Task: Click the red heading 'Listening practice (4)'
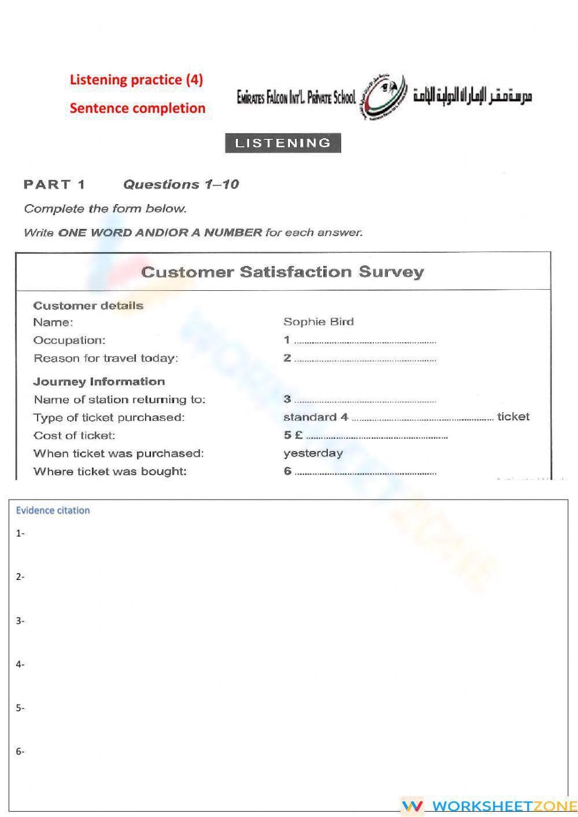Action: [x=136, y=80]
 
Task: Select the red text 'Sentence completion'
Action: [x=138, y=108]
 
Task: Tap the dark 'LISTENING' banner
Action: [x=283, y=143]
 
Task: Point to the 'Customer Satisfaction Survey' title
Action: [x=283, y=272]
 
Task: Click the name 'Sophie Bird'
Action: [x=318, y=322]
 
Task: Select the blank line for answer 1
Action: [x=365, y=341]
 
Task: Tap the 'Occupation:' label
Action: [x=69, y=341]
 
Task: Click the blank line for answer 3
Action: [x=365, y=400]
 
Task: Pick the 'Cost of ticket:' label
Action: [x=74, y=435]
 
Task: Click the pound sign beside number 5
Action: [x=299, y=435]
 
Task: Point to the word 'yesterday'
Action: [x=313, y=453]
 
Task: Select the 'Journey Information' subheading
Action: [x=99, y=382]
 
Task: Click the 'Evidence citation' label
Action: [x=53, y=511]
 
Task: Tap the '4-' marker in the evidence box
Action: [x=20, y=664]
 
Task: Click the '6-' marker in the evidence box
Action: [x=20, y=752]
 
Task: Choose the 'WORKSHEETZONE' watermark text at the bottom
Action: [x=504, y=806]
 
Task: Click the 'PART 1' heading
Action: [x=54, y=185]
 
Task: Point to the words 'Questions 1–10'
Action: [x=181, y=185]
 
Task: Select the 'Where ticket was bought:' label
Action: [x=110, y=471]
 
